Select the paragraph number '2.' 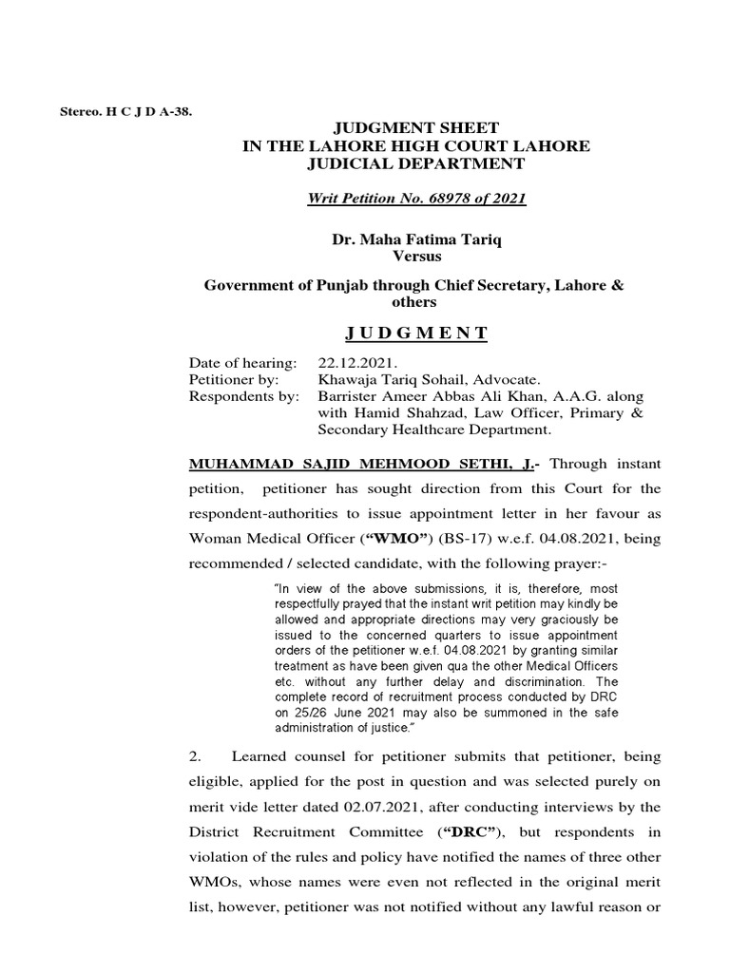(197, 755)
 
